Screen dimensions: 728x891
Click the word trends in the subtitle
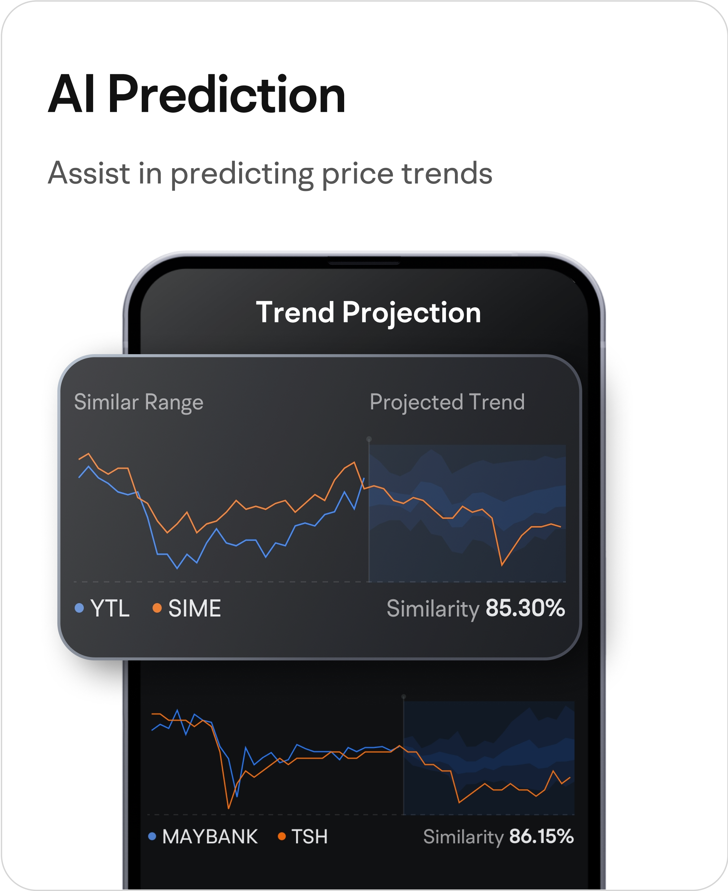tap(447, 173)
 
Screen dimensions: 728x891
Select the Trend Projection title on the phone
tap(368, 313)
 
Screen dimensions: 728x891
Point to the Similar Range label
tap(139, 402)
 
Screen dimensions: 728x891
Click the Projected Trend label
tap(447, 402)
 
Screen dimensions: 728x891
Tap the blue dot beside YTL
tap(79, 608)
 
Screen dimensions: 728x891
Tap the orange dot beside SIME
tap(157, 608)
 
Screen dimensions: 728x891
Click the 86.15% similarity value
tap(541, 836)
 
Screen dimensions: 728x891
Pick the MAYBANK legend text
tap(210, 836)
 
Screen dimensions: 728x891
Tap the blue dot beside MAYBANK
tap(152, 836)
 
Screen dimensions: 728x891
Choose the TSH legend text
tap(310, 836)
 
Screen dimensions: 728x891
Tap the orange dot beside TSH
tap(282, 836)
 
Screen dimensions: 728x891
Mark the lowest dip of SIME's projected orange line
tap(502, 565)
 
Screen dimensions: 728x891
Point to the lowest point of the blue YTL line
tap(177, 568)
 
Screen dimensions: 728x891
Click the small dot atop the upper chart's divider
tap(369, 439)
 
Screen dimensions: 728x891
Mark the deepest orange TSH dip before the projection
tap(229, 808)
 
